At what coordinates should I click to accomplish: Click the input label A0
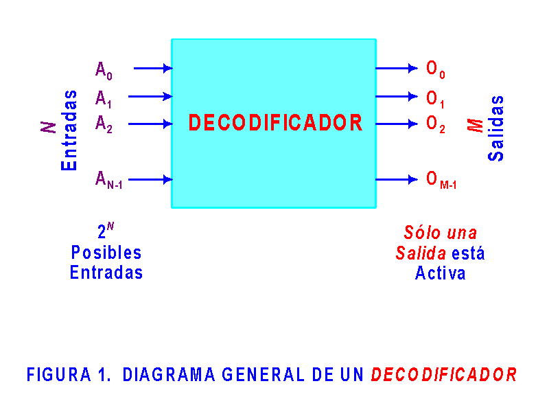[x=104, y=70]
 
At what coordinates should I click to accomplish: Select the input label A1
[x=104, y=99]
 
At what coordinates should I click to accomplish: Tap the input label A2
[x=104, y=124]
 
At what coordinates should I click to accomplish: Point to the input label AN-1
[x=108, y=180]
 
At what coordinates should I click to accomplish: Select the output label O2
[x=436, y=124]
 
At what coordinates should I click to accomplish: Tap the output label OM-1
[x=441, y=180]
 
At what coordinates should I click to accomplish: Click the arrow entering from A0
[x=152, y=68]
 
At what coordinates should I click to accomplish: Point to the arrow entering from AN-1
[x=150, y=179]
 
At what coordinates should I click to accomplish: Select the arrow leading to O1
[x=397, y=96]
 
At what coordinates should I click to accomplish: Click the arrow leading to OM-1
[x=397, y=179]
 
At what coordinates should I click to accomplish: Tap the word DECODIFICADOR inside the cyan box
[x=275, y=123]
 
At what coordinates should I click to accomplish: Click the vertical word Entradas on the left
[x=69, y=130]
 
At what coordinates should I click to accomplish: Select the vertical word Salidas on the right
[x=496, y=128]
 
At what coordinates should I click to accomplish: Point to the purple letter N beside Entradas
[x=49, y=127]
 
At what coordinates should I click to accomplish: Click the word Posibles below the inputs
[x=106, y=253]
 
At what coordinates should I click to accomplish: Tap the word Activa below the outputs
[x=441, y=273]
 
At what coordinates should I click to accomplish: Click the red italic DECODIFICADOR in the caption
[x=444, y=375]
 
